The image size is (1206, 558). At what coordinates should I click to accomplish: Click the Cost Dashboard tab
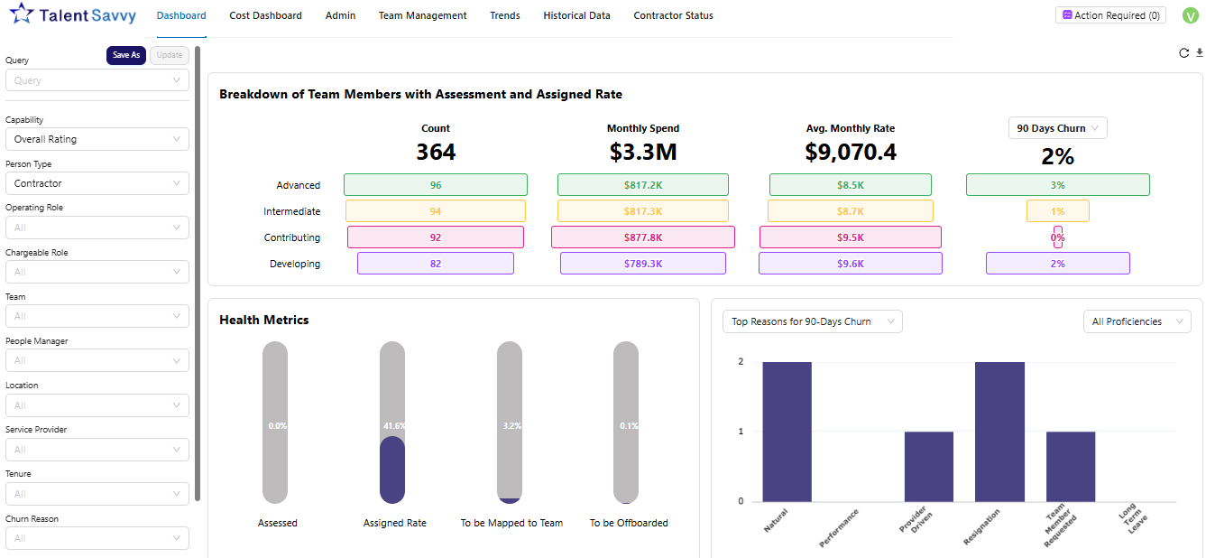(265, 15)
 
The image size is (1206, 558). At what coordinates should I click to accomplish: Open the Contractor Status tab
(673, 15)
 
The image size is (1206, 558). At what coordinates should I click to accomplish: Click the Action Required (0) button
(1109, 15)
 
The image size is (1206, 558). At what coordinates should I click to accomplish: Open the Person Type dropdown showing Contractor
(97, 183)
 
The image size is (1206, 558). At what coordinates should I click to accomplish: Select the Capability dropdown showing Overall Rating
(97, 139)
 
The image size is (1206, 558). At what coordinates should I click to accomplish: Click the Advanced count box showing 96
(436, 185)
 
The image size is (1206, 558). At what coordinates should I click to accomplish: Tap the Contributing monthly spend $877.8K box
(642, 237)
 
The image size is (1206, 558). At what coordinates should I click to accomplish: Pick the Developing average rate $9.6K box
(850, 264)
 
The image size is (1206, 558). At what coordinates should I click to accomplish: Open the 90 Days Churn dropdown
(1057, 128)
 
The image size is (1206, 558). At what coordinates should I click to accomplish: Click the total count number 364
(436, 153)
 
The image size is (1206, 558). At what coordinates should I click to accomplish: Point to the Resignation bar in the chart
(999, 432)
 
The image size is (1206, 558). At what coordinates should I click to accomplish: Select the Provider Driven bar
(928, 466)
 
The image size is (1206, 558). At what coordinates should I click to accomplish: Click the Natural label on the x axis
(776, 521)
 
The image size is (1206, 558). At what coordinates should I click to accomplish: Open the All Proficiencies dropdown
(1136, 321)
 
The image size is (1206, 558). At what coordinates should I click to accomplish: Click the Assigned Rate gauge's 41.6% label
(392, 425)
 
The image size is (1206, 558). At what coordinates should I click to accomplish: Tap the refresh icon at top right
(1183, 53)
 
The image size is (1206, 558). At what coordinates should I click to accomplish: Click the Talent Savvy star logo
(23, 14)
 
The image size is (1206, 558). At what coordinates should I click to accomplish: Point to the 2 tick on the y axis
(741, 362)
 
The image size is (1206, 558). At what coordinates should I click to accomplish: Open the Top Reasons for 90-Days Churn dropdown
(812, 321)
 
